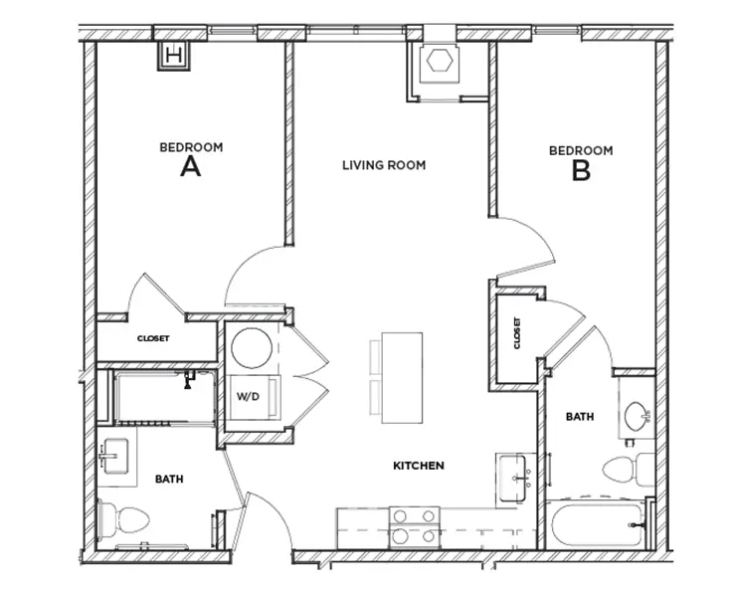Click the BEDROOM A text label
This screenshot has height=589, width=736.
pos(191,159)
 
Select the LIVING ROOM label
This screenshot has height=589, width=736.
pos(384,165)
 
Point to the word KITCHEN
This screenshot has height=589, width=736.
pos(418,466)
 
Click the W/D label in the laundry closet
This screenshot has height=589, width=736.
pos(247,396)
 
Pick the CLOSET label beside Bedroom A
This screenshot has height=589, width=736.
pos(153,338)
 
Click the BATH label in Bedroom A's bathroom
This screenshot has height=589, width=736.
pos(169,480)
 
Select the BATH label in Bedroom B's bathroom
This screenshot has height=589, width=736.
pos(580,417)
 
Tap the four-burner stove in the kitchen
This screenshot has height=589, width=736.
pos(415,525)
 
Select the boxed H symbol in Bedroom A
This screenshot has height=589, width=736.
pos(174,55)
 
